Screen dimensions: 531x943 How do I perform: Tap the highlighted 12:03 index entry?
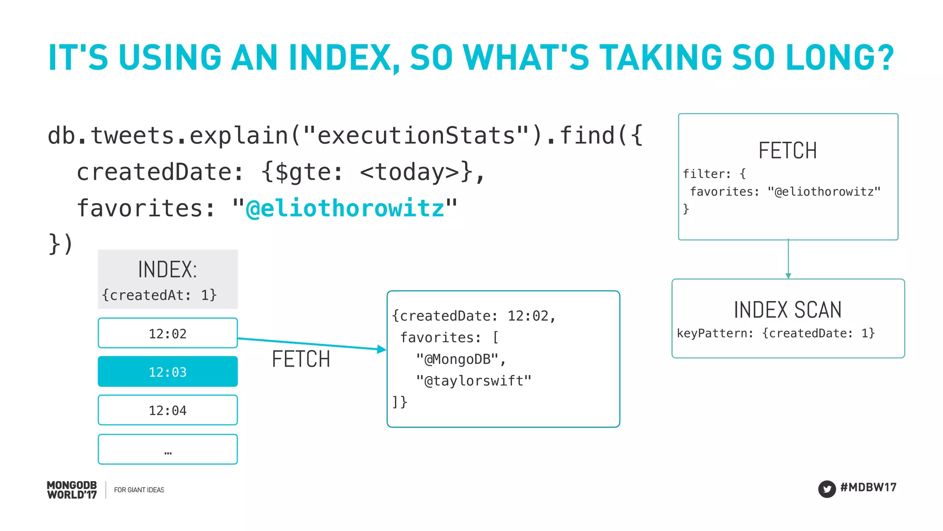click(x=168, y=372)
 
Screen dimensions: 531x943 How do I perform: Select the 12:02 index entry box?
click(x=168, y=333)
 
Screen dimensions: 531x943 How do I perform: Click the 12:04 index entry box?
click(x=168, y=410)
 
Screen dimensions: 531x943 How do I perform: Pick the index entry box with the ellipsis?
click(x=168, y=449)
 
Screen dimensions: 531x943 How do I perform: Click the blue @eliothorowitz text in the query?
click(x=345, y=208)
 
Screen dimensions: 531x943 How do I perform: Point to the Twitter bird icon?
click(x=827, y=489)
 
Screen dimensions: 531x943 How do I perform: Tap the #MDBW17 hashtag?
click(x=868, y=487)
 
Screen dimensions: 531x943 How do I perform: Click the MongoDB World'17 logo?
click(x=72, y=490)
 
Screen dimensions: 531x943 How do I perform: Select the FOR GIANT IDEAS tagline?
click(x=139, y=490)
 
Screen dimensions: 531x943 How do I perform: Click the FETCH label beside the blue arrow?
click(x=301, y=359)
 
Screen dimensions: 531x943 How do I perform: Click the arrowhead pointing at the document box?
click(x=382, y=349)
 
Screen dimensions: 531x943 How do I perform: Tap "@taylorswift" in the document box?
click(x=473, y=381)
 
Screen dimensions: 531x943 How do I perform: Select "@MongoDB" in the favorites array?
click(x=457, y=359)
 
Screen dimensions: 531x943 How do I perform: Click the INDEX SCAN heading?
click(x=787, y=309)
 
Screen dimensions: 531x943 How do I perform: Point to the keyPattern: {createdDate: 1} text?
click(x=775, y=333)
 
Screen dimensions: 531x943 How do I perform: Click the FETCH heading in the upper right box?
click(x=787, y=151)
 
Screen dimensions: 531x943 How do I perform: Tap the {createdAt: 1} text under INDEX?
click(x=159, y=295)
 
